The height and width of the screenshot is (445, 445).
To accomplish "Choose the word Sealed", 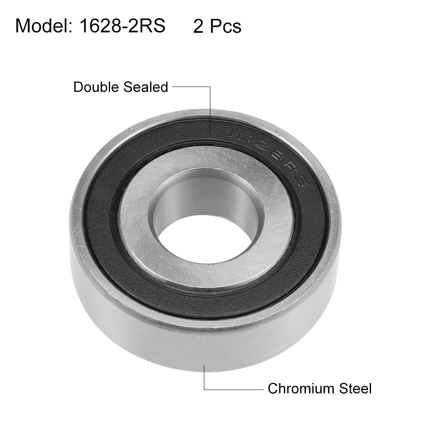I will coord(147,87).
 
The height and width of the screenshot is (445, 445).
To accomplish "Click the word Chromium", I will coord(299,389).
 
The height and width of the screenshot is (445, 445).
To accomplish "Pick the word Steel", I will coord(353,389).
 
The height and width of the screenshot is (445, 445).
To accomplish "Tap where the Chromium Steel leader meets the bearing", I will coord(204,366).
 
